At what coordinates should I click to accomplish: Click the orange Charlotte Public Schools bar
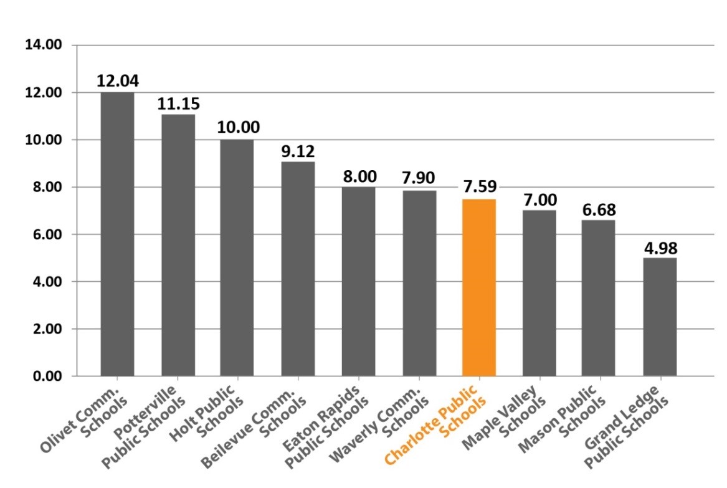479,287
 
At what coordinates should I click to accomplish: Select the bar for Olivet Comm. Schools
117,234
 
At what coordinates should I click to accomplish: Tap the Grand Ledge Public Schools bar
660,317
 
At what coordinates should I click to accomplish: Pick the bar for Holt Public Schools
237,257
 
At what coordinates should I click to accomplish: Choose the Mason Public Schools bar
599,297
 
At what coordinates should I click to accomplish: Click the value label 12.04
117,81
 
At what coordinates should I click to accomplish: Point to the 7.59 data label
479,188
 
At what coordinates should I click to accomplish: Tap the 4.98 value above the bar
660,247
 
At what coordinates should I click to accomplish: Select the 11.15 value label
177,103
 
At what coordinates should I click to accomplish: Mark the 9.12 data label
297,151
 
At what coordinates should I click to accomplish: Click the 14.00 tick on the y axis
43,45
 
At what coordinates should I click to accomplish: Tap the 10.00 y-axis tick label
43,140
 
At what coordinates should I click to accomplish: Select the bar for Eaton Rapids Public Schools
358,281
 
